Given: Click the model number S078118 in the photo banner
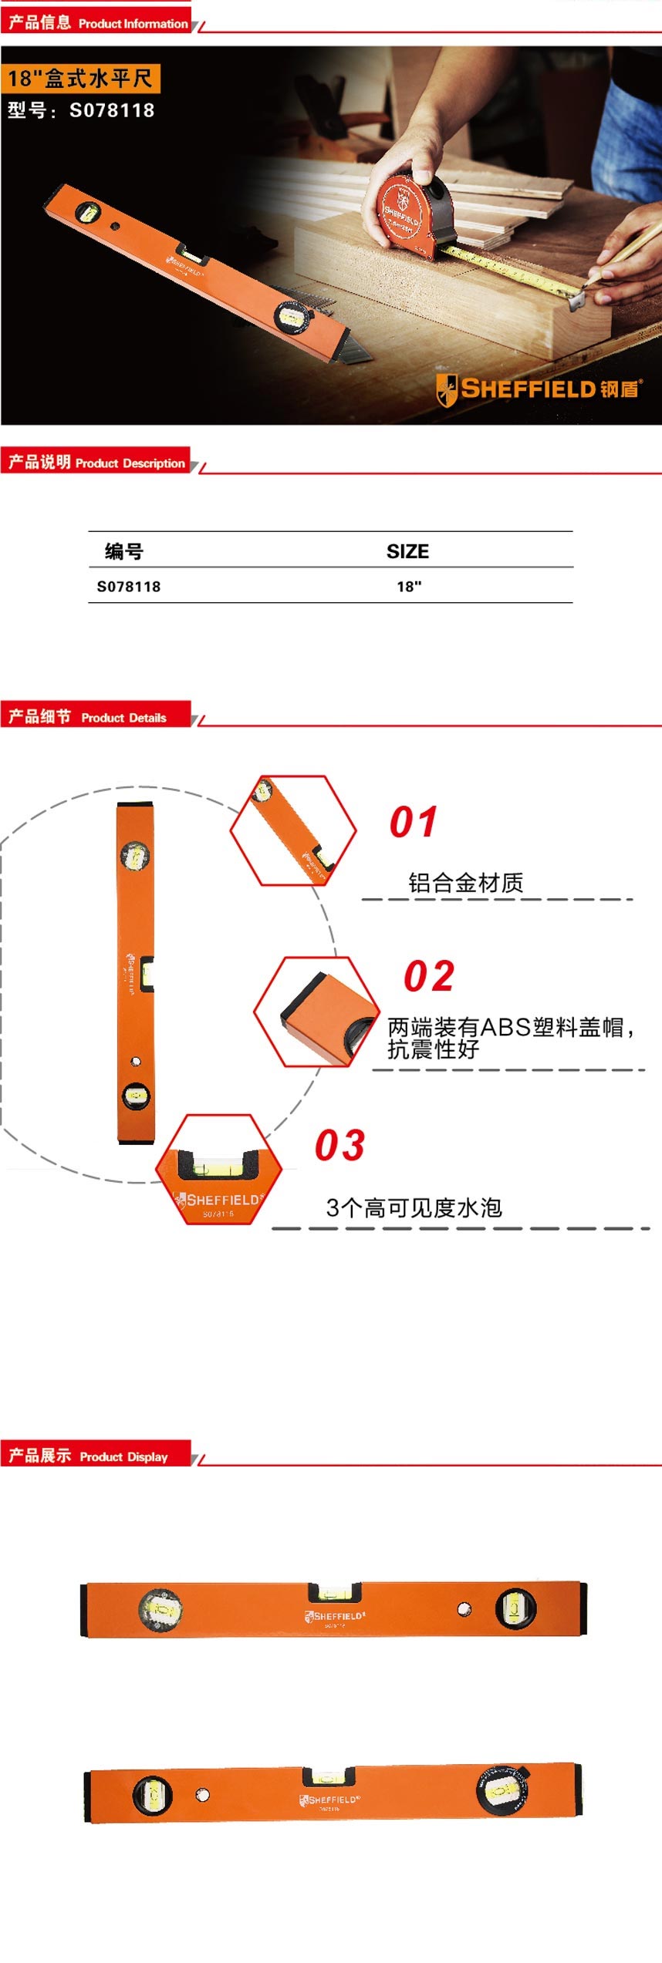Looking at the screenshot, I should click(x=111, y=110).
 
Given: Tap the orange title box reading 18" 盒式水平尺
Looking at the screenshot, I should click(x=80, y=79).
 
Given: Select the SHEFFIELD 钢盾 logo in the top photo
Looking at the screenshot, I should click(x=538, y=389).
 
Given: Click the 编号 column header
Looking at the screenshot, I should click(x=124, y=551).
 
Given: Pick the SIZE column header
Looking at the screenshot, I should click(x=407, y=551).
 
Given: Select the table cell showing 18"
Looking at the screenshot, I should click(x=409, y=587).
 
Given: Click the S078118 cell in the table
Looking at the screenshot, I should click(x=129, y=587).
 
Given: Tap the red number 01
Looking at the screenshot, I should click(x=414, y=822).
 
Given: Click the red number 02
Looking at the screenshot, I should click(x=429, y=977).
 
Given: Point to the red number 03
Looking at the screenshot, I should click(x=339, y=1146).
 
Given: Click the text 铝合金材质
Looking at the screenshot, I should click(x=466, y=883).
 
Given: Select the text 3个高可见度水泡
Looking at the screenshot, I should click(x=414, y=1207).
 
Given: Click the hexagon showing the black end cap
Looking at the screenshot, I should click(x=317, y=1012).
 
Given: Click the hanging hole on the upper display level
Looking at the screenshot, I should click(x=464, y=1609).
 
